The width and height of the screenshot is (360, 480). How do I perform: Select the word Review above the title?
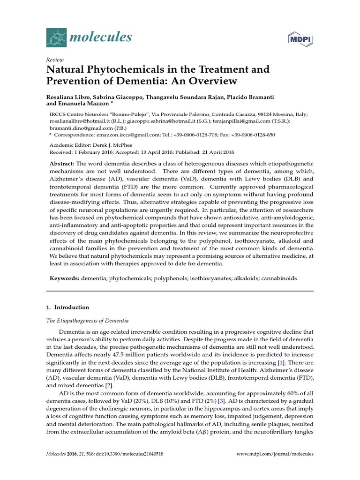point(54,60)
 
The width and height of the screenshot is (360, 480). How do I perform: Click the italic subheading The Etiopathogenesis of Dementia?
point(87,321)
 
